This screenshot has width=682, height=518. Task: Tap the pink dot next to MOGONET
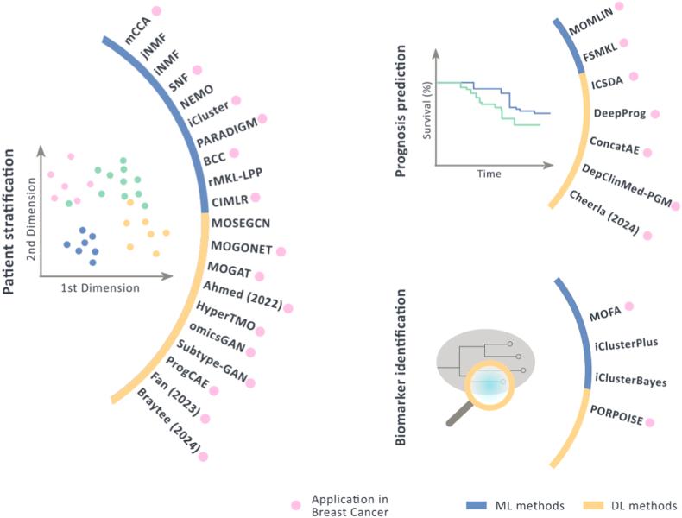coord(280,250)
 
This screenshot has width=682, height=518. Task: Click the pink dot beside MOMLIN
coord(619,8)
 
